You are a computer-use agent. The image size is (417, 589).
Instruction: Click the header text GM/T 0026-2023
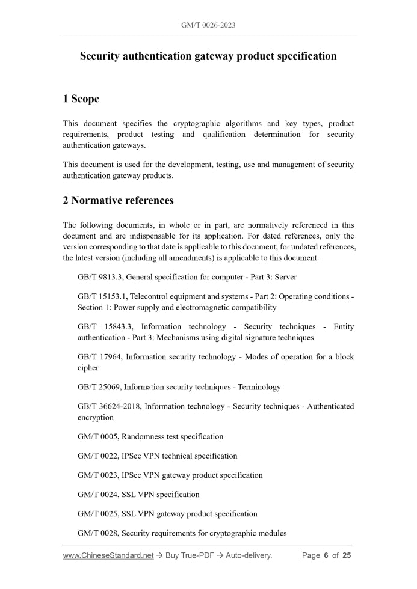click(208, 26)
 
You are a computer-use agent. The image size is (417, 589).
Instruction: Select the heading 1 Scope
click(81, 99)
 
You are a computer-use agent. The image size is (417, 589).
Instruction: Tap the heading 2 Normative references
click(119, 200)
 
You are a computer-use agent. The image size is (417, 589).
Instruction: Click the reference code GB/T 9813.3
click(99, 277)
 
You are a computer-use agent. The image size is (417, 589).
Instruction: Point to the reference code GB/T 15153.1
click(102, 296)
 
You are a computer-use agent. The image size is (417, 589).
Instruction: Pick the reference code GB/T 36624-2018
click(109, 406)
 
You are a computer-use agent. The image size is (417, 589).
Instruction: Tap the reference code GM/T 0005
click(97, 436)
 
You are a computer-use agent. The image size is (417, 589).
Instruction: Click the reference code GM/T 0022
click(97, 456)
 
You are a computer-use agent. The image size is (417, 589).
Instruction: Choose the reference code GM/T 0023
click(97, 475)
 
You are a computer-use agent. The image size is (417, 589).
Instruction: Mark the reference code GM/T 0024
click(97, 495)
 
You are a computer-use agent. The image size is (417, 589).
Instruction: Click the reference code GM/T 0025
click(97, 514)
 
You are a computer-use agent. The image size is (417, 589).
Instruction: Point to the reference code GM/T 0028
click(97, 533)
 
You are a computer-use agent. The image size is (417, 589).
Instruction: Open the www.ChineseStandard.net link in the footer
click(108, 555)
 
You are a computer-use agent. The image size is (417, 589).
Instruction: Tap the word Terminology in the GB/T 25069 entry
click(259, 387)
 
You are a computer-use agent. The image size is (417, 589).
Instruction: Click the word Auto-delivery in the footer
click(249, 555)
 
